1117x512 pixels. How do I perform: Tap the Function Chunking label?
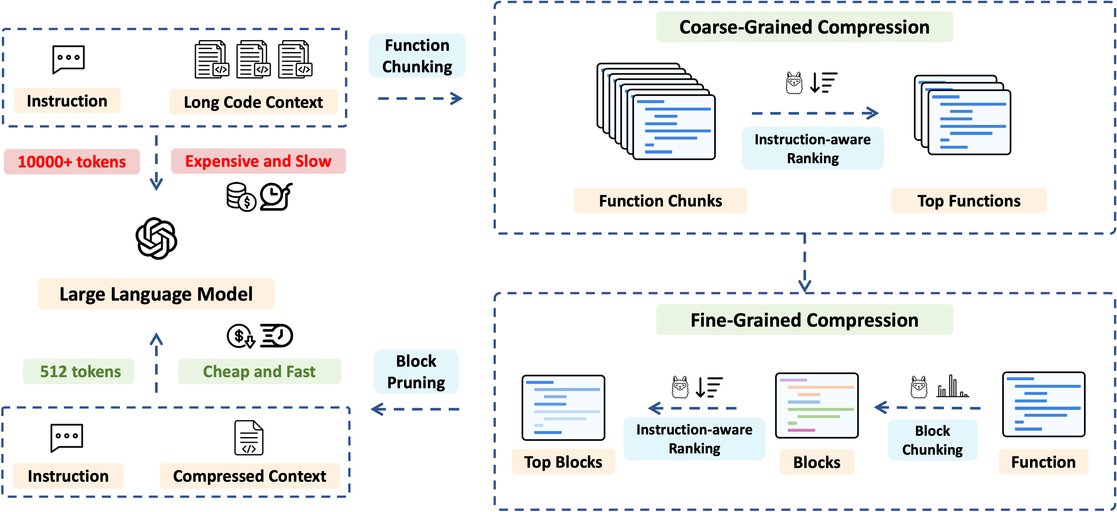[x=417, y=56]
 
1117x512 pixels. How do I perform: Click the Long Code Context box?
[x=253, y=102]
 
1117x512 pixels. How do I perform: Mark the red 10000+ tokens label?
[x=72, y=162]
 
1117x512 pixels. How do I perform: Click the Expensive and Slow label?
[x=258, y=161]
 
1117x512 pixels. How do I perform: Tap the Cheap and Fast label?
[x=259, y=372]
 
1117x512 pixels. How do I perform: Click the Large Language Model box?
[x=156, y=294]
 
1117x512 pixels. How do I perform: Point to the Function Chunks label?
[x=660, y=201]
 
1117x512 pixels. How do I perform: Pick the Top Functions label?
[x=969, y=201]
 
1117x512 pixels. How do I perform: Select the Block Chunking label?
[x=932, y=440]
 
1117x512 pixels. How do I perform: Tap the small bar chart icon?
[x=952, y=387]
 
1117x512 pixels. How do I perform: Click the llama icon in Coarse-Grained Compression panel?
[x=794, y=83]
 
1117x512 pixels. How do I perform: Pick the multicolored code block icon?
[x=817, y=405]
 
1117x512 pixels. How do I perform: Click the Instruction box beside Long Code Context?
[x=67, y=101]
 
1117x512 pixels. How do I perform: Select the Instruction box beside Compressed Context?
[x=68, y=476]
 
